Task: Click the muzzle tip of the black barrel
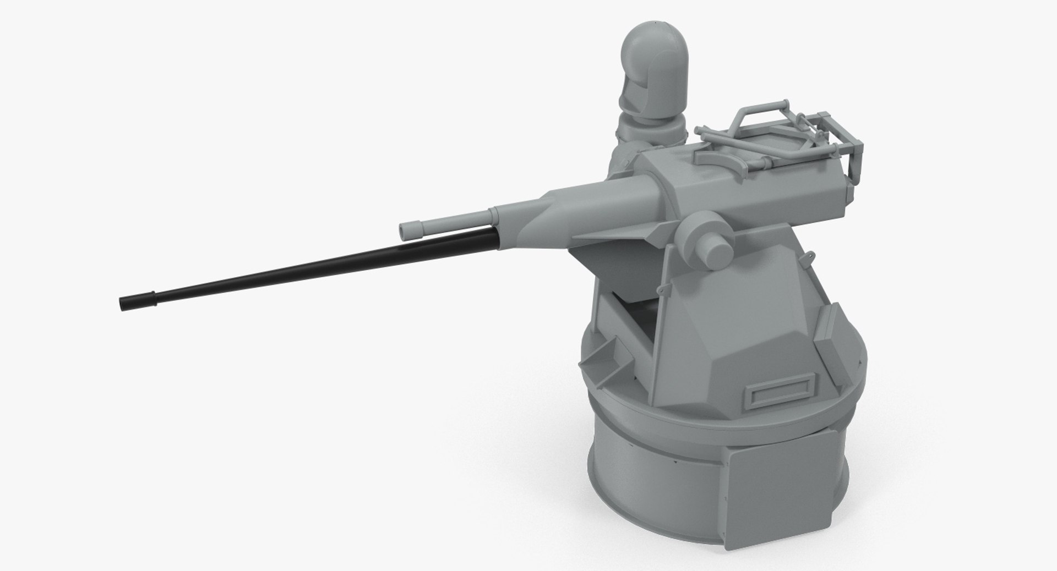tap(123, 303)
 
